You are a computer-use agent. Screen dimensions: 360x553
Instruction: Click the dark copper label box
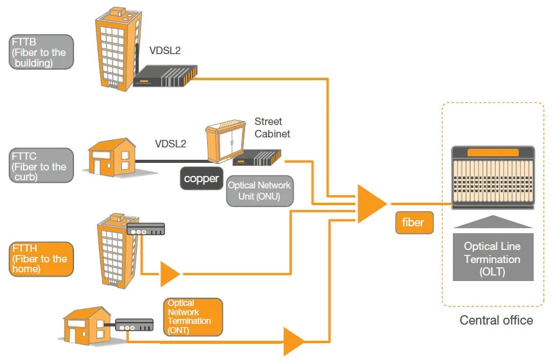(x=202, y=179)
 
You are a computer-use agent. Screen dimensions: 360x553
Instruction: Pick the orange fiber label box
(x=414, y=223)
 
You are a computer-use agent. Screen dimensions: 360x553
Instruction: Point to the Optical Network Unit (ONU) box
(x=259, y=190)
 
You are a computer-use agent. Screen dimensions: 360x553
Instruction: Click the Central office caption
(x=496, y=320)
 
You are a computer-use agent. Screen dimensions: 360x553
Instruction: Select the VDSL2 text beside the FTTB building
(x=164, y=52)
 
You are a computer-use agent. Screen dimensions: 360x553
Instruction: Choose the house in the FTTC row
(x=111, y=157)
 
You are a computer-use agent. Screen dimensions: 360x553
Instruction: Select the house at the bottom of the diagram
(x=86, y=325)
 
